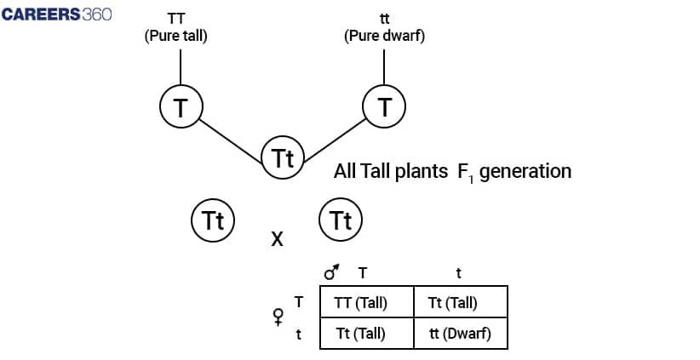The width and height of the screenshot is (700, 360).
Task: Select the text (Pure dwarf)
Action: point(384,37)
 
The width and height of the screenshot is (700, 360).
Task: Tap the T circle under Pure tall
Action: point(181,106)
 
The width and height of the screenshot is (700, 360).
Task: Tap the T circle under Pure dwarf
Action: point(384,106)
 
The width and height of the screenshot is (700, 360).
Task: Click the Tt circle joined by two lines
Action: point(282,157)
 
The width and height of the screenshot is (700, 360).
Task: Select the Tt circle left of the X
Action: point(212,220)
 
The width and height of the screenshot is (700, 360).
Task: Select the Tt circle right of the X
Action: point(341,220)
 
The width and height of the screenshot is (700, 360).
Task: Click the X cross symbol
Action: point(277,240)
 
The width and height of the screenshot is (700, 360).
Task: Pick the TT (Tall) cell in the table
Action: point(366,302)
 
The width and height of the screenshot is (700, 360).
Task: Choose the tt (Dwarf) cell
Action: point(461,334)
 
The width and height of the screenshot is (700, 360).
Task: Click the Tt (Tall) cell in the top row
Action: point(461,302)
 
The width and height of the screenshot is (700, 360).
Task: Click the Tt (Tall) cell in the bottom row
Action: point(366,334)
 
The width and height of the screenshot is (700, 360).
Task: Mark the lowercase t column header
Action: point(458,273)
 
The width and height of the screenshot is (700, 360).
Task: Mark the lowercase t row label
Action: point(298,334)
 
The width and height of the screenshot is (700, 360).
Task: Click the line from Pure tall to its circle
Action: point(181,66)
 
